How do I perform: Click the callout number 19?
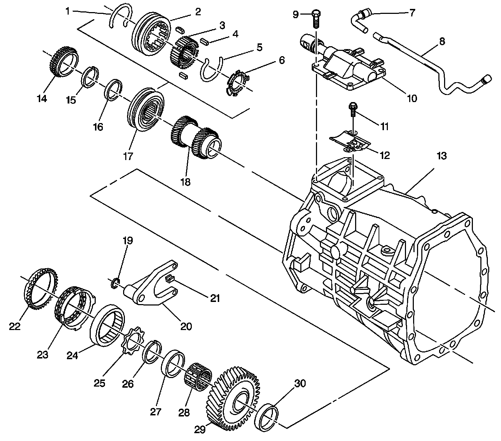point(128,241)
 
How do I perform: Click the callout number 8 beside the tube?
point(442,41)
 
